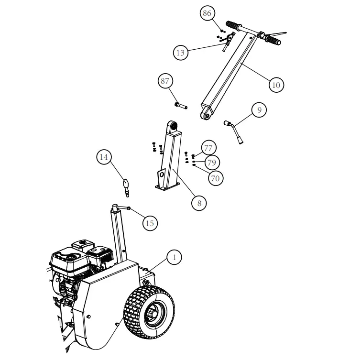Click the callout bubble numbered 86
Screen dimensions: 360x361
coord(207,13)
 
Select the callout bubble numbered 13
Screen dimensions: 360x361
coord(180,53)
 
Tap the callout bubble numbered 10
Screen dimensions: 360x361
coord(276,85)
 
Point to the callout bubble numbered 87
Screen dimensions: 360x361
coord(165,81)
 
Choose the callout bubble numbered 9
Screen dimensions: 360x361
coord(259,109)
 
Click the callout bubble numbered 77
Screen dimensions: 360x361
coord(208,147)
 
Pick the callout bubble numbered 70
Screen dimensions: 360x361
coord(216,177)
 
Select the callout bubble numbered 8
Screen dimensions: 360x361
coord(199,203)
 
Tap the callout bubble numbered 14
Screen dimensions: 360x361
coord(104,157)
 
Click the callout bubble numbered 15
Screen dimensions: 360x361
coord(150,223)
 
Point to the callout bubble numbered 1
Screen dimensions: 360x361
coord(175,257)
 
